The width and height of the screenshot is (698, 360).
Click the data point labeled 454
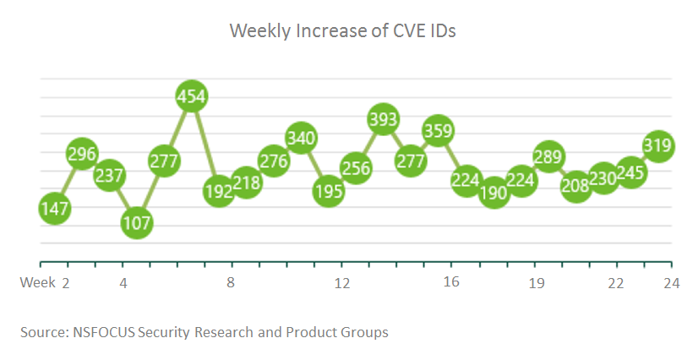[192, 98]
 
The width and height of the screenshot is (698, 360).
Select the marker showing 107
[137, 223]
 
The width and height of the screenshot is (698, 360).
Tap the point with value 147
[54, 209]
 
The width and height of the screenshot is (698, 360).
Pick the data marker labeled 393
[384, 120]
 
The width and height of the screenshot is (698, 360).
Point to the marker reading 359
[439, 132]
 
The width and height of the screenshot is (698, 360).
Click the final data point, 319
[658, 145]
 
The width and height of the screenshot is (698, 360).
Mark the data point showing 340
[302, 137]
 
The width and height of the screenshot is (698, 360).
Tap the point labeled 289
[548, 157]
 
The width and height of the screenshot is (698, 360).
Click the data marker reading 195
[329, 192]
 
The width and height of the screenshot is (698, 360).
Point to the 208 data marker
[576, 186]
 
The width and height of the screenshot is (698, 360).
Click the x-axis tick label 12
[342, 281]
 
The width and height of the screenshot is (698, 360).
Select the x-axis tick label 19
[536, 281]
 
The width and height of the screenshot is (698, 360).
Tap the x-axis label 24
[672, 281]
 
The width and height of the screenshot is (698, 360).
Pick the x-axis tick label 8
[231, 281]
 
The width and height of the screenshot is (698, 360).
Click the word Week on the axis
[37, 281]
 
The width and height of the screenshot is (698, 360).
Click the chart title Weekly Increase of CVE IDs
[343, 31]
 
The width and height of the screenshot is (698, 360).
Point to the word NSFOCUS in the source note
[103, 332]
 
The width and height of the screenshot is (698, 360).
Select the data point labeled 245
[631, 173]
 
